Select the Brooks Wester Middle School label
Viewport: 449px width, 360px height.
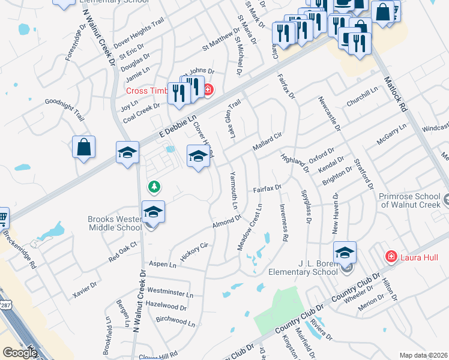(115, 223)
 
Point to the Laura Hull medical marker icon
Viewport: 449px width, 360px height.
(391, 257)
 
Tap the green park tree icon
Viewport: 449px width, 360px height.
(155, 187)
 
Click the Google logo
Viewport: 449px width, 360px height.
(19, 353)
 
